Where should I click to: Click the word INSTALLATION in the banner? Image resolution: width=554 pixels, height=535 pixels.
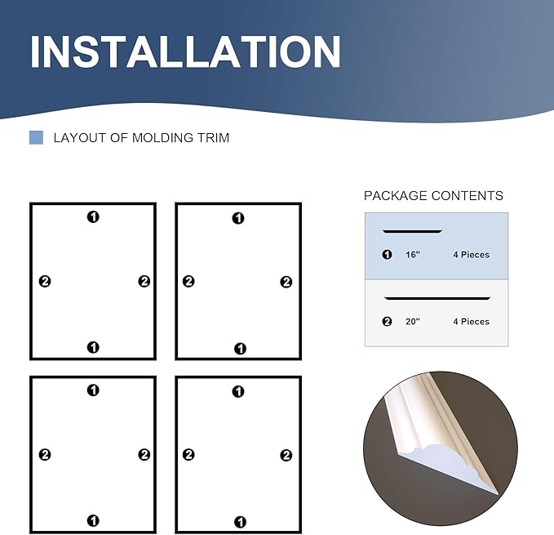(185, 51)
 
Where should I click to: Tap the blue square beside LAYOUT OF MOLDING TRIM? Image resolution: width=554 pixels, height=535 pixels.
(36, 137)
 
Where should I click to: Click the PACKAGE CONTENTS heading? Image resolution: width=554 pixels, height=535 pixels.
(433, 196)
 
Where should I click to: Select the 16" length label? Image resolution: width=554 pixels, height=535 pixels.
(412, 255)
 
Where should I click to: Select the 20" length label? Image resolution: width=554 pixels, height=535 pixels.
(412, 322)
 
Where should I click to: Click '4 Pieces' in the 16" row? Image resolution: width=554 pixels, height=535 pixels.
(471, 255)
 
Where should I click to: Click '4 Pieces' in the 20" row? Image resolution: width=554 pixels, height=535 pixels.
(471, 322)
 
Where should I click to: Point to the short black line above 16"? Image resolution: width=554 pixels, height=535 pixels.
(412, 232)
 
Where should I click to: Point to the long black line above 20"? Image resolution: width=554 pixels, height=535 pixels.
(437, 299)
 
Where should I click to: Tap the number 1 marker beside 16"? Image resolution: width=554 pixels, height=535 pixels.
(387, 255)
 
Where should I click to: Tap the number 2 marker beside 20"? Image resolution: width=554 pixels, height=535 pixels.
(387, 322)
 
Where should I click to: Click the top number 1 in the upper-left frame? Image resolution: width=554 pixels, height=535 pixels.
(93, 216)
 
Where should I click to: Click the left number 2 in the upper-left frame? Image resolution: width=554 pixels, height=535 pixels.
(45, 282)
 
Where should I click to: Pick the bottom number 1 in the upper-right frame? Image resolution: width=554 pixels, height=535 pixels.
(239, 349)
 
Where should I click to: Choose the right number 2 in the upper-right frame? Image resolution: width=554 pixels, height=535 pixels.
(286, 282)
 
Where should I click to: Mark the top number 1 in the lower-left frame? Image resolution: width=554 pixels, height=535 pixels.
(93, 390)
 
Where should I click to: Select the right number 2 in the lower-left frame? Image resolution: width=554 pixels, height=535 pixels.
(144, 455)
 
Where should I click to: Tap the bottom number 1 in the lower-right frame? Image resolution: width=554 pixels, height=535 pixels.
(239, 521)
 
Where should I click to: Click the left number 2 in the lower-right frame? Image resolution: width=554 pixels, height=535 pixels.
(188, 455)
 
